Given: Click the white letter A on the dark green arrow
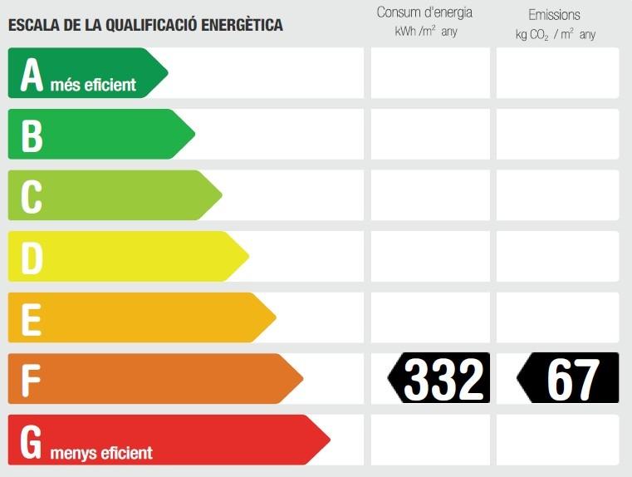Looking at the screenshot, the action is click(32, 75).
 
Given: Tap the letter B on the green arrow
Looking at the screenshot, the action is click(32, 136).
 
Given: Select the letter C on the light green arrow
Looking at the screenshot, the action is click(32, 197).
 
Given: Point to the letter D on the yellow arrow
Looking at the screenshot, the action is click(32, 258).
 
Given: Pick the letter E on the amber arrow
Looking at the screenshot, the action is click(32, 320).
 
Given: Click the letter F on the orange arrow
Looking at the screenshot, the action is click(31, 381).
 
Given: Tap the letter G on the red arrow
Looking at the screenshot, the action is click(31, 442).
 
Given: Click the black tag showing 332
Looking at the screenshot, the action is click(438, 378).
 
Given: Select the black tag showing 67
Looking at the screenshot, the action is click(567, 378).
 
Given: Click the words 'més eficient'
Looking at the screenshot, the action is click(93, 85).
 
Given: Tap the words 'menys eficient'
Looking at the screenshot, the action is click(101, 453).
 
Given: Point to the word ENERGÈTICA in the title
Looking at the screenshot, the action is click(242, 25).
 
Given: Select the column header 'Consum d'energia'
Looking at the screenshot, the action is click(424, 12).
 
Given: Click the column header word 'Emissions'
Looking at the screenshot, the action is click(554, 15).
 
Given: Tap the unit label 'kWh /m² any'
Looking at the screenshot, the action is click(426, 32).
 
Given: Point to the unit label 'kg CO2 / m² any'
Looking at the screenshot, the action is click(556, 35).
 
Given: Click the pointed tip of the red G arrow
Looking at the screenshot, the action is click(330, 440).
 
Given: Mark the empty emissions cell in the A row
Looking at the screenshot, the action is click(557, 73).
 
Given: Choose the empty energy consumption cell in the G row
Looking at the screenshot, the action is click(430, 440).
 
